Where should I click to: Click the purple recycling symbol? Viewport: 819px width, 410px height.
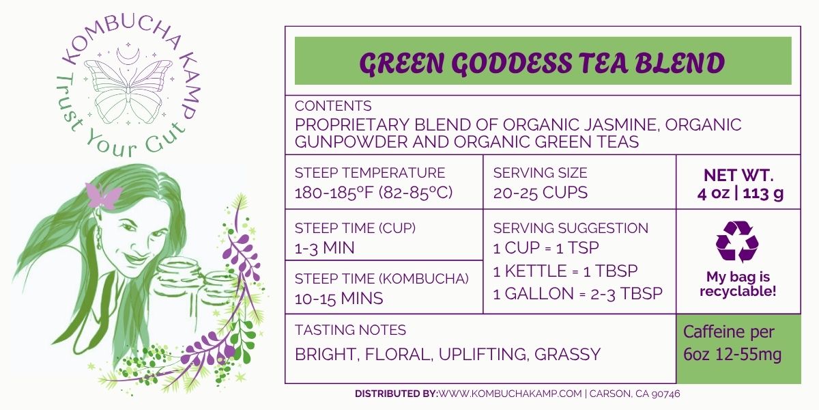pos(737,242)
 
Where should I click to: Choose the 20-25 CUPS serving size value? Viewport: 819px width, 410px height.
pos(540,193)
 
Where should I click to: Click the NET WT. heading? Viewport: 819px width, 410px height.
pos(738,176)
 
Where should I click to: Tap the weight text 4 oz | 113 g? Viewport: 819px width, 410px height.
pos(740,193)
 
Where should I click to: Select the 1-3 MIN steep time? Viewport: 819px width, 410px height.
pos(325,248)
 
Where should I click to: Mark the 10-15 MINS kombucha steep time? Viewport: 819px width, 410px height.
pos(339,299)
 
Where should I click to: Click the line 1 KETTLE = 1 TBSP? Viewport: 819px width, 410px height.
pos(565,271)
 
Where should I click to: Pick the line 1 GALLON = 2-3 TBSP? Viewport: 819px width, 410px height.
pos(577,294)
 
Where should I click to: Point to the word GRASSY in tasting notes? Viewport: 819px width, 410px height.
pos(567,355)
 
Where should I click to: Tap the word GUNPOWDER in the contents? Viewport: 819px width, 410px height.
pos(351,142)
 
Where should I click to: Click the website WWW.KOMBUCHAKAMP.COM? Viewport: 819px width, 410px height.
pos(510,394)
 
